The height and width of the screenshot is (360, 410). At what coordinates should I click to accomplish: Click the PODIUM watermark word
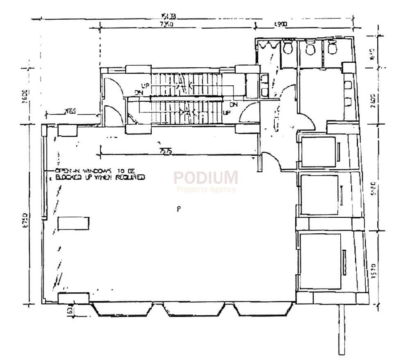point(206,178)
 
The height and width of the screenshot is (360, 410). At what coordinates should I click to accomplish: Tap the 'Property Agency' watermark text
point(206,189)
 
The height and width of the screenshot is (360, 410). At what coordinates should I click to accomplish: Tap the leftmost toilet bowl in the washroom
point(288,47)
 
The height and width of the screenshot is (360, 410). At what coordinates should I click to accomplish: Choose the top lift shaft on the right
point(319,151)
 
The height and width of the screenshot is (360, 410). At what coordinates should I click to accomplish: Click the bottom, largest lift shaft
point(321,255)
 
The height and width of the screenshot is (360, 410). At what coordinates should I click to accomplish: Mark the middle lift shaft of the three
point(320,194)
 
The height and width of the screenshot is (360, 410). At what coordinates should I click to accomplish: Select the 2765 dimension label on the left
point(71,112)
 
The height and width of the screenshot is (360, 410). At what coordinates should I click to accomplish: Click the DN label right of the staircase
point(233,105)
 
